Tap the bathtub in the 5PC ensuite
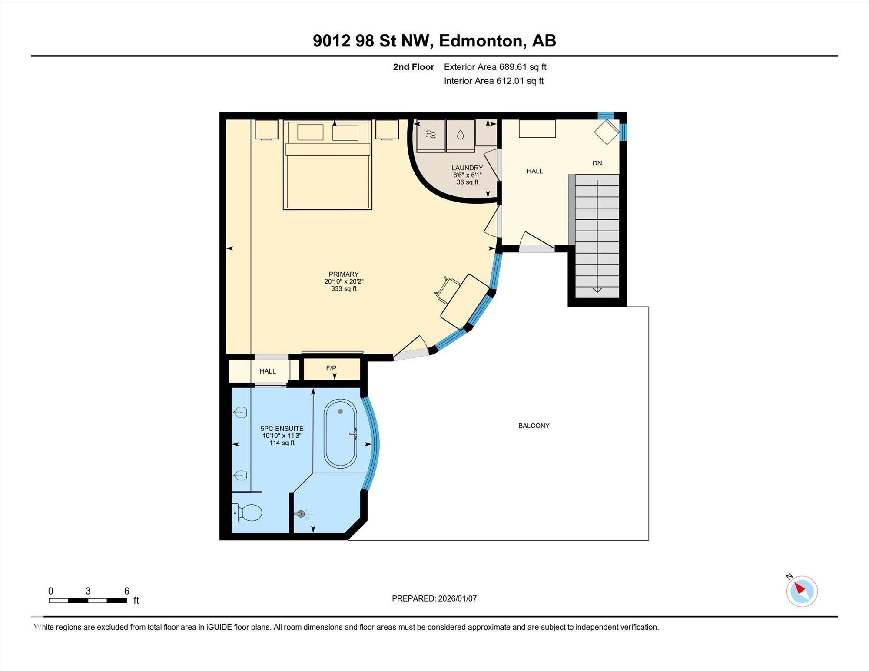340,433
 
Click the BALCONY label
534,426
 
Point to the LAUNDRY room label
467,168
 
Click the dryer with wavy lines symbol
431,135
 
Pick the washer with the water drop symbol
460,135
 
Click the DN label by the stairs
597,163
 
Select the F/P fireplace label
331,368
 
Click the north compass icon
802,591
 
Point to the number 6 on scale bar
126,591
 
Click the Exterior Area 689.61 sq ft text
495,67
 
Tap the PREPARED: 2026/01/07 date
434,598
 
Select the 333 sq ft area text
344,288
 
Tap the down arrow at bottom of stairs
597,290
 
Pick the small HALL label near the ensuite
268,371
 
